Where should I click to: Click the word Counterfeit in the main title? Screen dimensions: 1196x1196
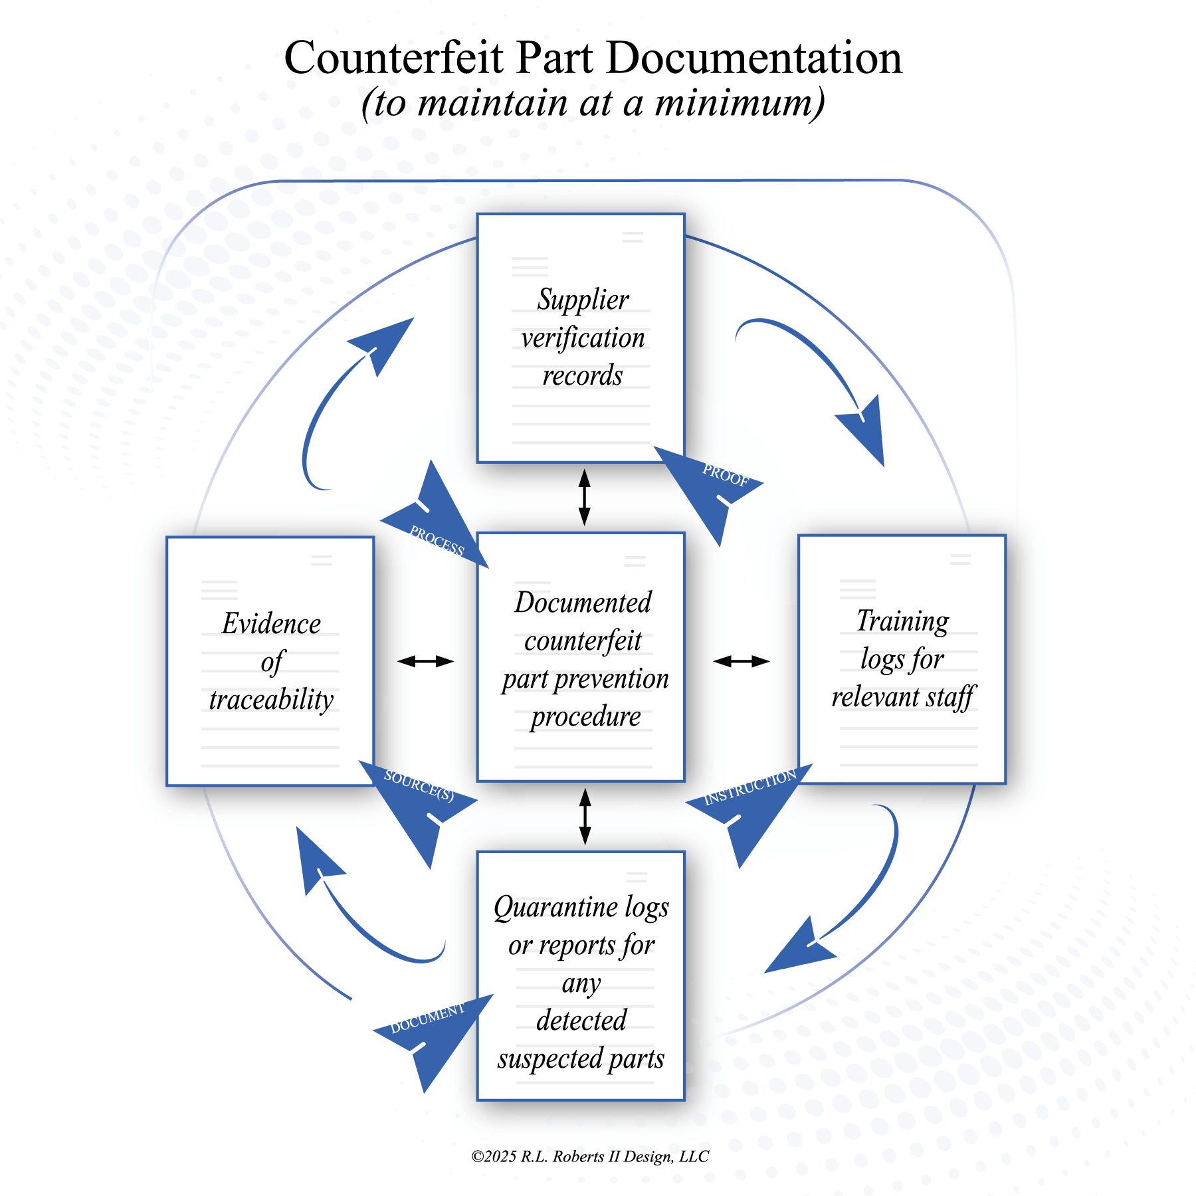(x=393, y=58)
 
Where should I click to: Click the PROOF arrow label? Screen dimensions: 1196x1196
(x=725, y=476)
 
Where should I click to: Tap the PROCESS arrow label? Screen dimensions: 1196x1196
(x=437, y=540)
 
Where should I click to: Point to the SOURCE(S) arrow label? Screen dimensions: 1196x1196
(x=419, y=785)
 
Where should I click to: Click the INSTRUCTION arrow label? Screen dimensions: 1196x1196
(x=750, y=788)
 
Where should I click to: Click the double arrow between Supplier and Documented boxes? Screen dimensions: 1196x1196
(x=585, y=498)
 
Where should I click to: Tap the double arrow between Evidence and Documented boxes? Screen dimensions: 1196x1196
(x=425, y=661)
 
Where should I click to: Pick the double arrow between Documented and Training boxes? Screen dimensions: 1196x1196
(x=741, y=661)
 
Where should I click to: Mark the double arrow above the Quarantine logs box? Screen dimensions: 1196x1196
(x=585, y=817)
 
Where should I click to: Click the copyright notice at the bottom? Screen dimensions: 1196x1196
(x=590, y=1157)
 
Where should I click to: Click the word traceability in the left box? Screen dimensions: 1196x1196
(x=271, y=700)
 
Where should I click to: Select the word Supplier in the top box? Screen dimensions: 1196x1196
(x=583, y=300)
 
